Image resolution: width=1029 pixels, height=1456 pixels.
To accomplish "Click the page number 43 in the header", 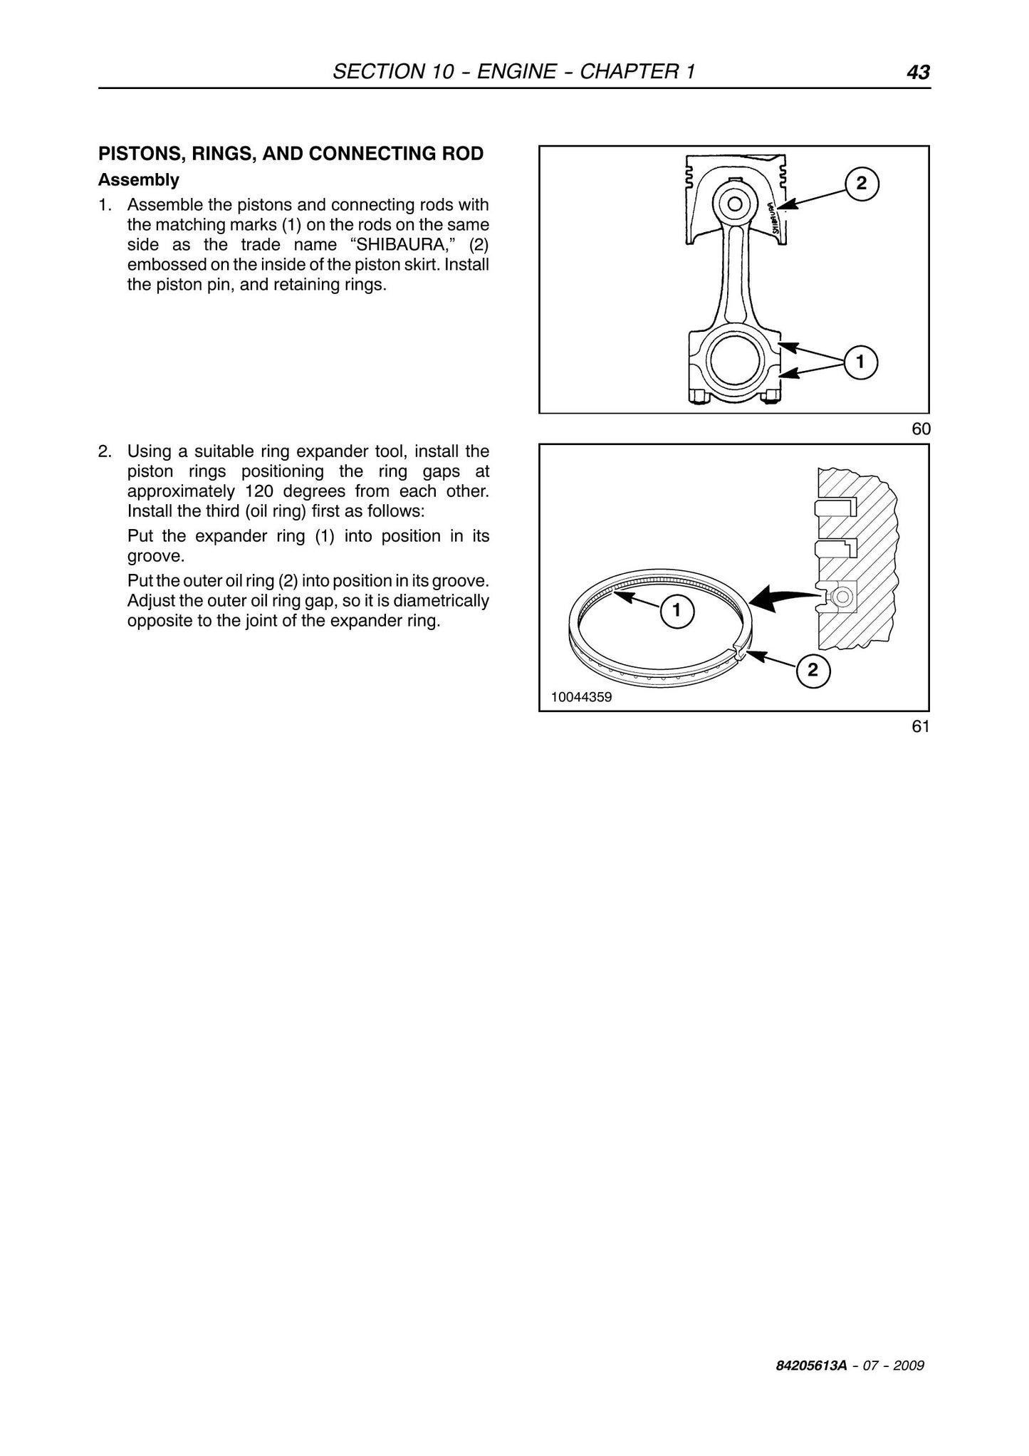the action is [x=918, y=72].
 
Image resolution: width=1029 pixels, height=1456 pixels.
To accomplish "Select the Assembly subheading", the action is [x=139, y=180].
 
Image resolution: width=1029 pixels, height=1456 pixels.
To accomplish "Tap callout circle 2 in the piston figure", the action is [x=862, y=184].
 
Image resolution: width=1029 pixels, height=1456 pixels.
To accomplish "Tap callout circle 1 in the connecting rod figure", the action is [x=860, y=362].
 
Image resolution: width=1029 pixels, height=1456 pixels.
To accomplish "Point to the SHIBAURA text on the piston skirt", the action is [x=775, y=218].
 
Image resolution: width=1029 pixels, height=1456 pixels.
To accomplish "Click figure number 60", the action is [x=921, y=429].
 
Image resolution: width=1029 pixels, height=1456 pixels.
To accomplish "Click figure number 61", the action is [x=921, y=726].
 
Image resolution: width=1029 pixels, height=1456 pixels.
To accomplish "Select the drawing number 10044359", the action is [x=581, y=697].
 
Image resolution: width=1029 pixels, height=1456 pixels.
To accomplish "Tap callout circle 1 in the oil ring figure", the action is [x=677, y=610].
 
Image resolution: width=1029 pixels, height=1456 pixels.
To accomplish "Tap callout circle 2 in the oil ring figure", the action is [x=813, y=670].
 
